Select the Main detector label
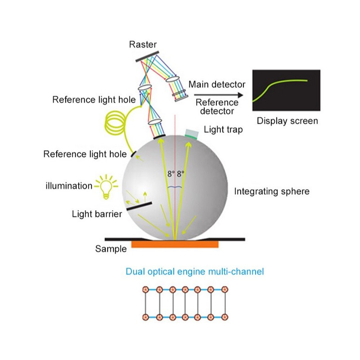216,84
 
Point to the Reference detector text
217,106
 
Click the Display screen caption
287,121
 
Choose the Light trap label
223,130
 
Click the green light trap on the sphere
191,133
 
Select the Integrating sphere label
272,191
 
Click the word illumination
68,185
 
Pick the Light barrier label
97,214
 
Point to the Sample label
111,248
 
